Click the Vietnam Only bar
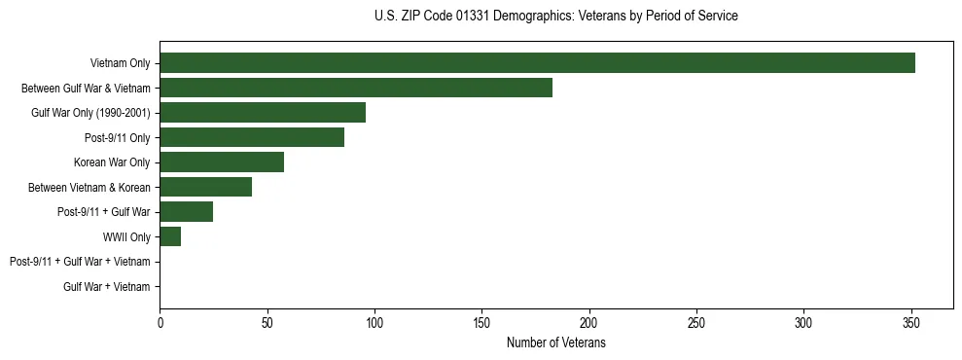click(537, 63)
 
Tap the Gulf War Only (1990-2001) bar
click(263, 113)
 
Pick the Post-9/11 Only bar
click(252, 137)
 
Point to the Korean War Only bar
click(222, 162)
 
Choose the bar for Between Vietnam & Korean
click(205, 187)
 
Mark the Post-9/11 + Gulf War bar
click(187, 212)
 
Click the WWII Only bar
click(170, 236)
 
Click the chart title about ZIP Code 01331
click(555, 17)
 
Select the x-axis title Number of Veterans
click(555, 342)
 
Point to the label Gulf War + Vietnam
click(107, 286)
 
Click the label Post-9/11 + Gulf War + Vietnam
click(80, 262)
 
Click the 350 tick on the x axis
click(910, 322)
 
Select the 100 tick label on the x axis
click(374, 322)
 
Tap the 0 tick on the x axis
click(160, 322)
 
